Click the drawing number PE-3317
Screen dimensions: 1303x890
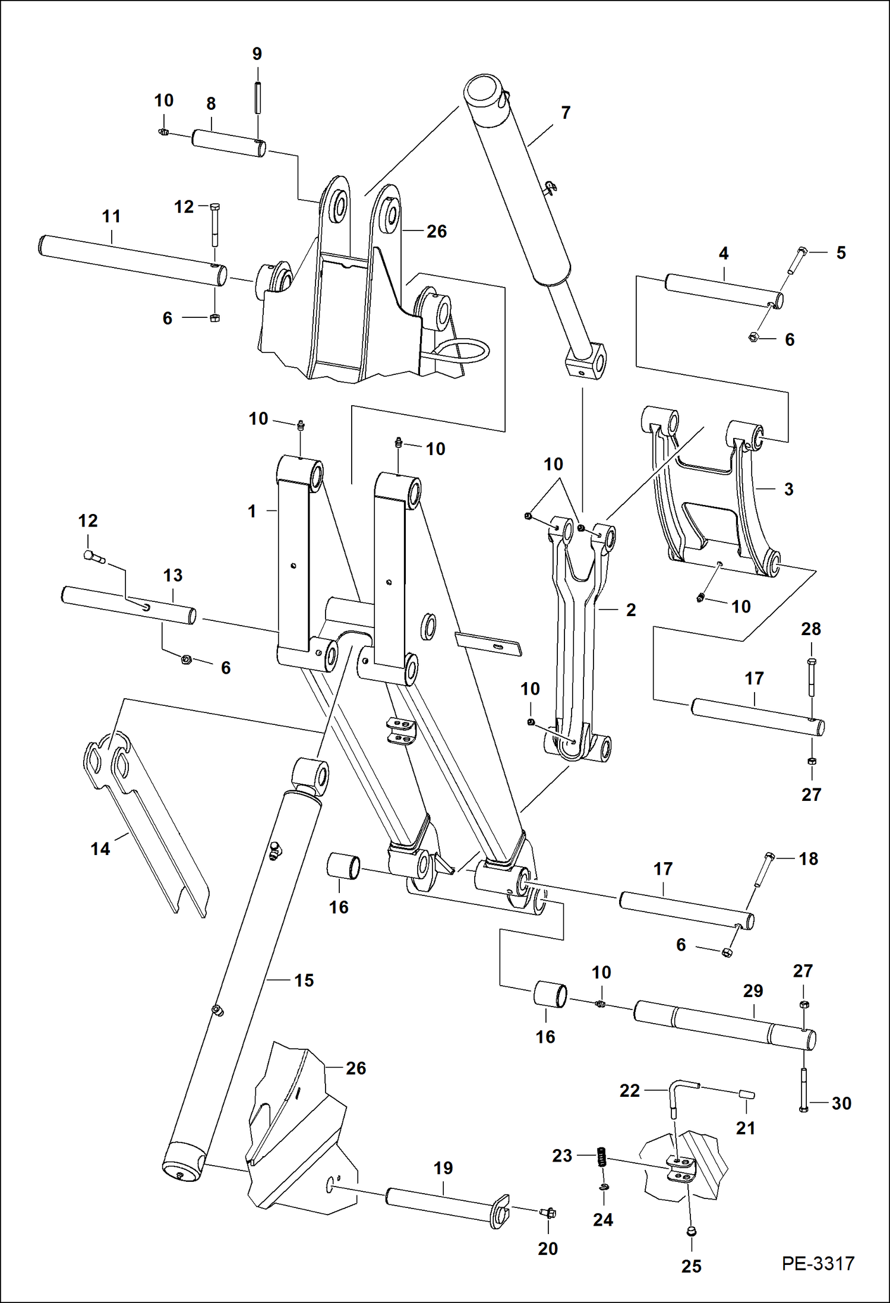click(818, 1263)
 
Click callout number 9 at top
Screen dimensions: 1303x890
click(257, 54)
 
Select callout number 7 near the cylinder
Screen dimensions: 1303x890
click(565, 112)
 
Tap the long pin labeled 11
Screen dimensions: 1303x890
click(131, 260)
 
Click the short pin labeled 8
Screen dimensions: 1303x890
click(228, 143)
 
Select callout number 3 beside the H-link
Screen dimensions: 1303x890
click(788, 489)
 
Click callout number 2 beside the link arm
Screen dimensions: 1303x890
click(631, 610)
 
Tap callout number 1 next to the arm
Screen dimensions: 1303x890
click(252, 510)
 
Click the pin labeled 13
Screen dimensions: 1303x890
click(128, 605)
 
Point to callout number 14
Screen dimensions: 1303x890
click(100, 848)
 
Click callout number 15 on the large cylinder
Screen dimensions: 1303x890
click(304, 980)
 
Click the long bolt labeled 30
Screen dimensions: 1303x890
click(804, 1091)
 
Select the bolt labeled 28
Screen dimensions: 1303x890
click(812, 677)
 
